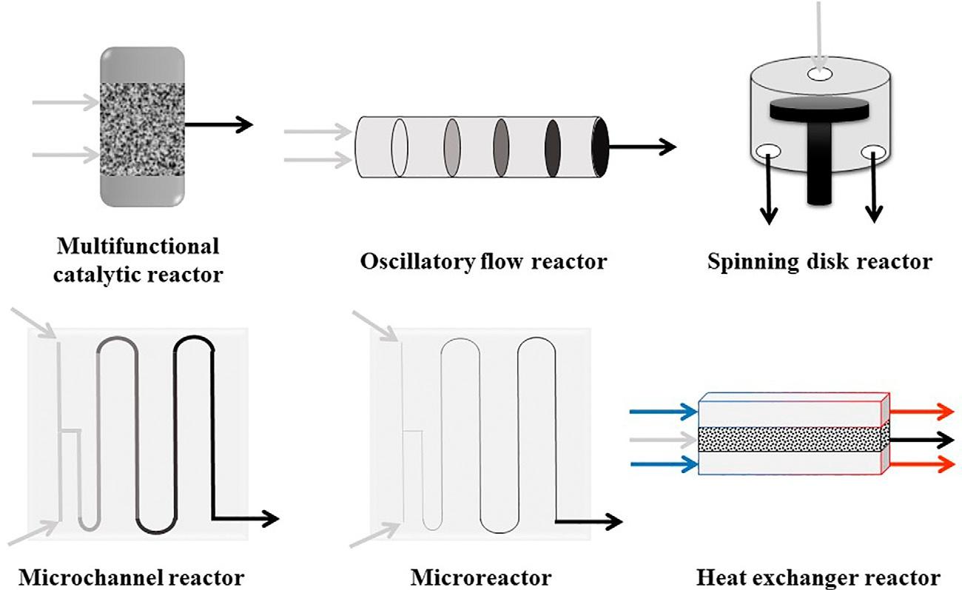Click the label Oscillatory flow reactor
pyautogui.click(x=482, y=261)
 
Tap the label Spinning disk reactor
pyautogui.click(x=819, y=261)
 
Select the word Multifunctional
pyautogui.click(x=138, y=245)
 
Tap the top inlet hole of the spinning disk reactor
pyautogui.click(x=819, y=74)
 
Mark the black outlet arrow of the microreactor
pyautogui.click(x=588, y=521)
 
